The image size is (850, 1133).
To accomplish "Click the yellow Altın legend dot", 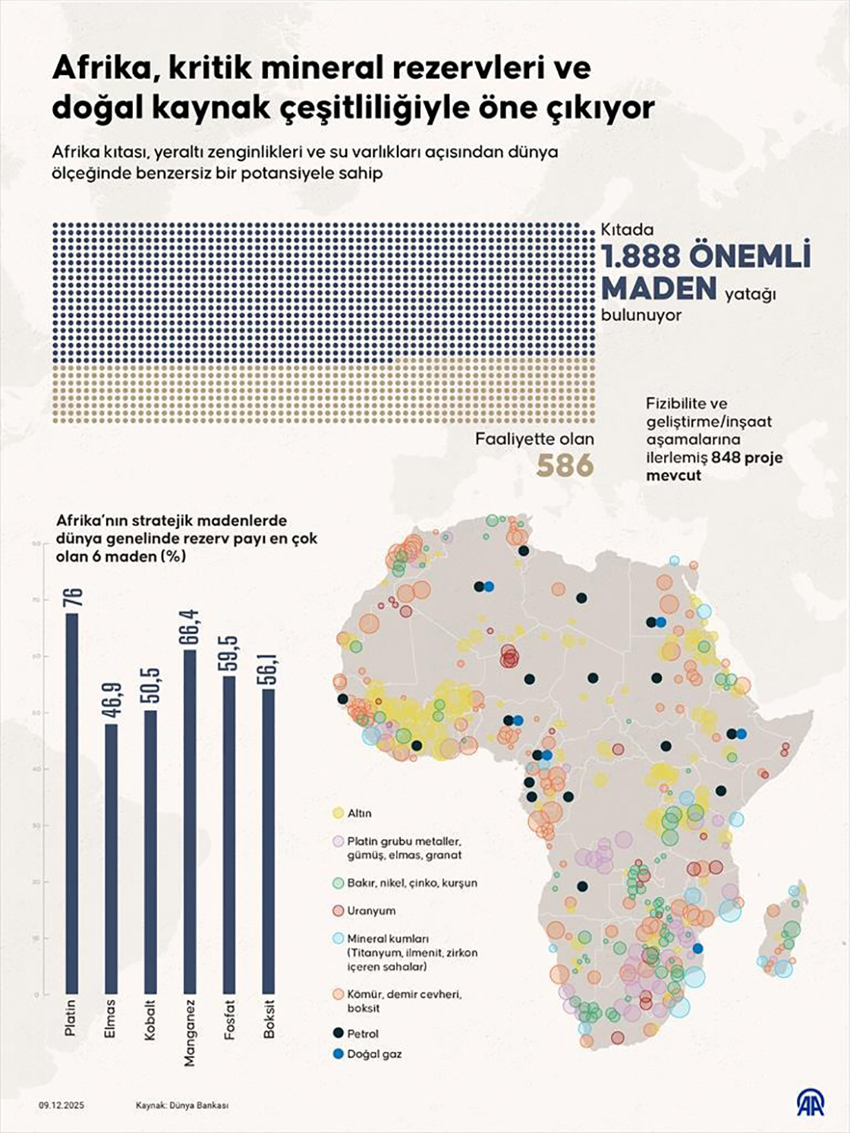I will [338, 814].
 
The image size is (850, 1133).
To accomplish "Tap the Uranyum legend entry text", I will [371, 911].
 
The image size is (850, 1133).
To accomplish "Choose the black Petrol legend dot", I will [338, 1034].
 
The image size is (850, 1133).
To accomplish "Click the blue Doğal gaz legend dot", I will [338, 1054].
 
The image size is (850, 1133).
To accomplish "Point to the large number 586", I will [565, 465].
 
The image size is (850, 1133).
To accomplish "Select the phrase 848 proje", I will [748, 458].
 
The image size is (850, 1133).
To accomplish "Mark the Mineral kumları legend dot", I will [338, 939].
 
